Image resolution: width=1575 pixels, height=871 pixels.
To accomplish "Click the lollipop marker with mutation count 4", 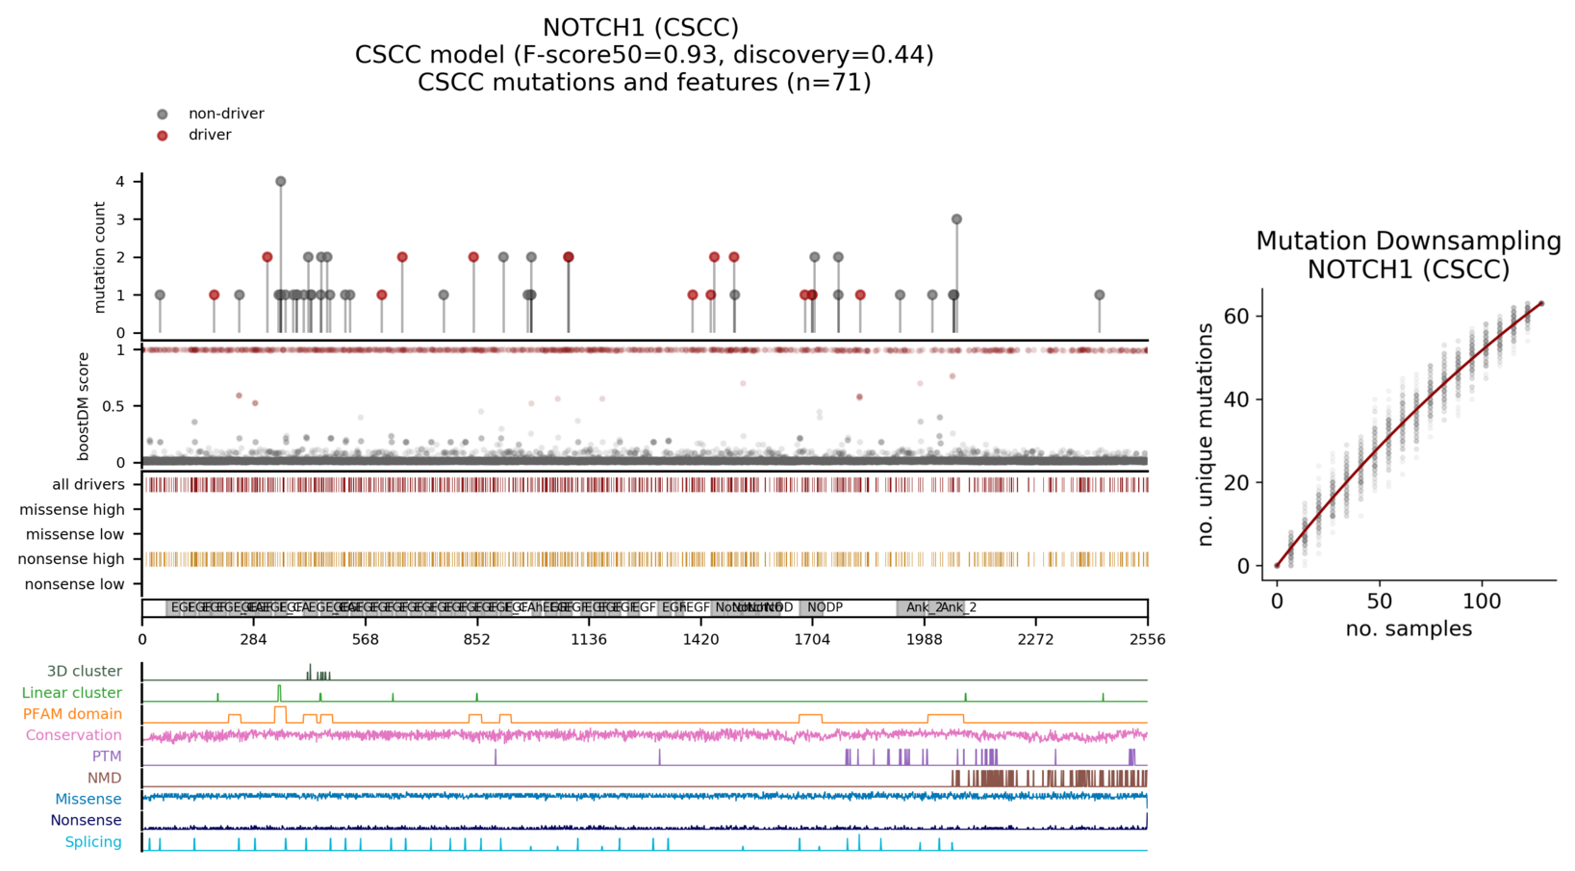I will pos(280,181).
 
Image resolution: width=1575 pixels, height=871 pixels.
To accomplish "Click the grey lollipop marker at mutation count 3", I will pos(956,219).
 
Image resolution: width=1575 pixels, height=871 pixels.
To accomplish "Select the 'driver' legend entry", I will pos(209,135).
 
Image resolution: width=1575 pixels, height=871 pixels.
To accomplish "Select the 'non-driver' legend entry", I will pos(225,114).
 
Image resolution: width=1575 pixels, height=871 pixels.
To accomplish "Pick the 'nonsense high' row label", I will pos(72,559).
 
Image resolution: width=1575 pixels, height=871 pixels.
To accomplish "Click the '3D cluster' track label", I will pos(85,671).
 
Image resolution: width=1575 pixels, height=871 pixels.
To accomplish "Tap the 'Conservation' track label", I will pos(74,735).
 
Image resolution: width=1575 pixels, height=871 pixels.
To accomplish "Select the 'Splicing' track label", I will pos(93,842).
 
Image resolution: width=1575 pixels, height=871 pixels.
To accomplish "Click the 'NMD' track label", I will pos(105,778).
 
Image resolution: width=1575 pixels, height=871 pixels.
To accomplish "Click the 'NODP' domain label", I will pos(825,607).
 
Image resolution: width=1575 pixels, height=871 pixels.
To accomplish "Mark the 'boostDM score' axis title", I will pos(84,405).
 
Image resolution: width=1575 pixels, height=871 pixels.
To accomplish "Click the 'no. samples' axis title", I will pos(1409,628).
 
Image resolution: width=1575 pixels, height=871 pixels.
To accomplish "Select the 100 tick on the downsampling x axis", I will pos(1482,602).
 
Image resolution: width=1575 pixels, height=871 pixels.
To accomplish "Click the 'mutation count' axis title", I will pos(99,257).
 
